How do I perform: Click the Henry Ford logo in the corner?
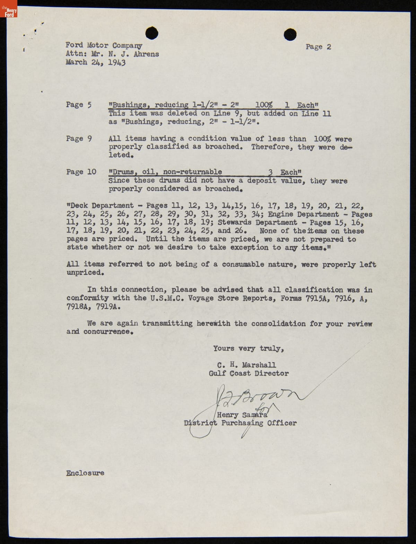click(x=9, y=9)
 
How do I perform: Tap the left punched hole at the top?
click(x=151, y=33)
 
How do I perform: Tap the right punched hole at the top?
click(x=290, y=34)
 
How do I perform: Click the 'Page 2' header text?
click(x=318, y=47)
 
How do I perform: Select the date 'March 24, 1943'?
click(x=96, y=62)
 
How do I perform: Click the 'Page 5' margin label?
click(x=79, y=105)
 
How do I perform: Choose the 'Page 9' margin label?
click(x=79, y=139)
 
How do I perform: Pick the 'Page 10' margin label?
click(x=81, y=172)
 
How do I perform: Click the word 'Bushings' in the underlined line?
click(x=129, y=105)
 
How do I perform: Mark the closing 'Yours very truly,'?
click(x=249, y=348)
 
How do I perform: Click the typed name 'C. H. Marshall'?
click(x=246, y=365)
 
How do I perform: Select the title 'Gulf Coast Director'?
click(x=249, y=373)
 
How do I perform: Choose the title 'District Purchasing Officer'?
click(x=240, y=423)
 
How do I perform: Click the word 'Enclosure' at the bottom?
click(x=85, y=473)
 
